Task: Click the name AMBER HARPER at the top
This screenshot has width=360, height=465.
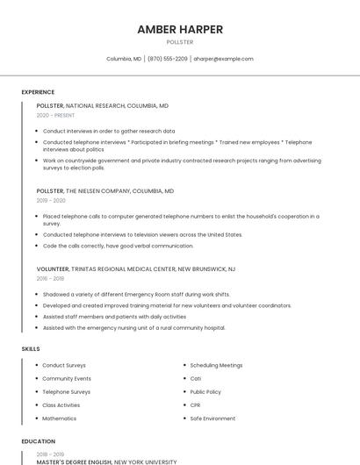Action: [180, 29]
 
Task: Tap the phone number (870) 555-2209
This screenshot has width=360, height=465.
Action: [167, 59]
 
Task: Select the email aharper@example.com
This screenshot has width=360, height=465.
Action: [223, 59]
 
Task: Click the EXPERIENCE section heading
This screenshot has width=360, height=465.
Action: [38, 92]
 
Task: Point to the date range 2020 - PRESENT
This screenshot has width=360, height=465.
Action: [55, 115]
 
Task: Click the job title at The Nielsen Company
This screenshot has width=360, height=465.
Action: [105, 190]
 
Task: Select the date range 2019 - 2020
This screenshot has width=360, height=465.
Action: [51, 200]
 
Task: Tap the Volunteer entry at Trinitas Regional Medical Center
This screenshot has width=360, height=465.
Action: [136, 268]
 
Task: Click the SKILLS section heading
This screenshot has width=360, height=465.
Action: [31, 349]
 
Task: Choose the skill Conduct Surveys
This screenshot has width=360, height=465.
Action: [64, 365]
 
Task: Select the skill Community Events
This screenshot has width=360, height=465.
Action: [67, 378]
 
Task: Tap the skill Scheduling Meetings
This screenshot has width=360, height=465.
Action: [216, 365]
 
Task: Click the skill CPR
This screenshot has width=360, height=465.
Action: [195, 405]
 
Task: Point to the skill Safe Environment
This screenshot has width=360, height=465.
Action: [212, 418]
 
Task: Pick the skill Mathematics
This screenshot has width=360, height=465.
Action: [60, 418]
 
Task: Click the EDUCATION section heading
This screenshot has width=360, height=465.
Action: [38, 441]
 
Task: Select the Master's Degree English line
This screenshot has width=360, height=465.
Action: [106, 461]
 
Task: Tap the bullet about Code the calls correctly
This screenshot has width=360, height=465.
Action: [118, 246]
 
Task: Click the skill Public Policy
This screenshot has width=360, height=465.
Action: [205, 392]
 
